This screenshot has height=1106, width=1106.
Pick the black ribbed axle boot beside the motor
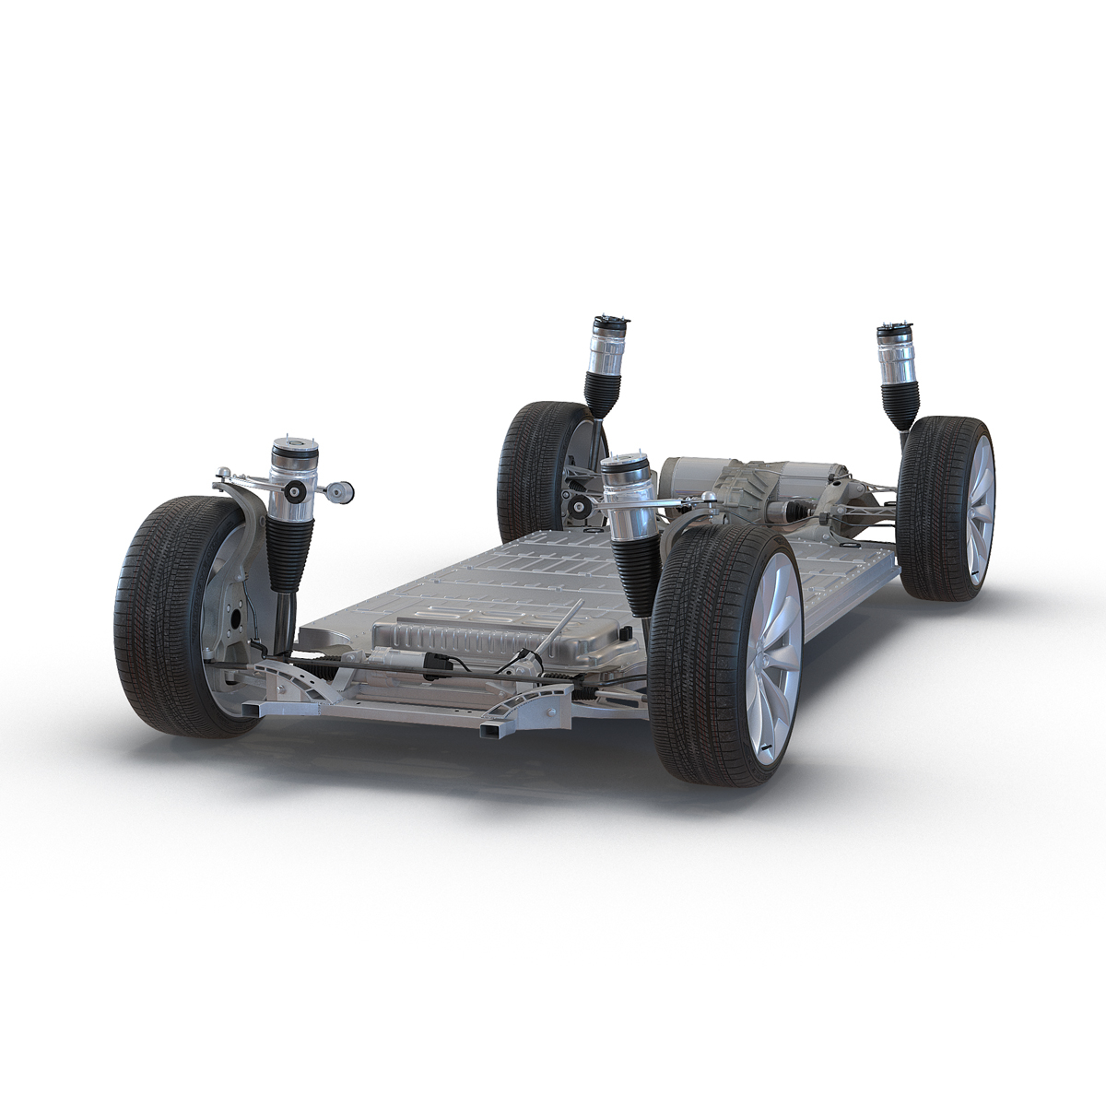791,512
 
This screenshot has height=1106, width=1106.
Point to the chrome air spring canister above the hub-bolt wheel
290,475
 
